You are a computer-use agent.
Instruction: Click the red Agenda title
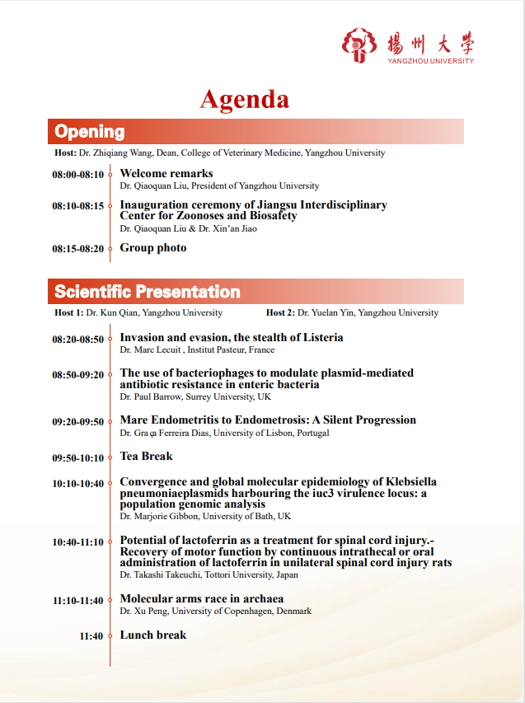coord(244,100)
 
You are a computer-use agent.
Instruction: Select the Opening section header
coord(90,132)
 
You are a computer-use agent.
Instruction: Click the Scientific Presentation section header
coord(148,292)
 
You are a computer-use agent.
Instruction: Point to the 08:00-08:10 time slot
coord(77,175)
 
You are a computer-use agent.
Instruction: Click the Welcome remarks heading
coord(166,174)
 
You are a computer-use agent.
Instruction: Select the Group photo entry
coord(153,248)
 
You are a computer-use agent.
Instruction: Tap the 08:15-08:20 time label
coord(77,249)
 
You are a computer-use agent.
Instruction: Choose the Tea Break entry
coord(146,457)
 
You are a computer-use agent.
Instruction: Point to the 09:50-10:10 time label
coord(77,457)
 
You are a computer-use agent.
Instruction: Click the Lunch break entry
coord(153,635)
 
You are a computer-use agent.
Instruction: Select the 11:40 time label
coord(91,636)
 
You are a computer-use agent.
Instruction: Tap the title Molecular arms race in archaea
coord(202,599)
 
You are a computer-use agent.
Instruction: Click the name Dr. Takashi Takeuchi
coord(158,574)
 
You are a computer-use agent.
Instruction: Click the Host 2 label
coord(280,313)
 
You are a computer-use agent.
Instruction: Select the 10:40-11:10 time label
coord(77,542)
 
